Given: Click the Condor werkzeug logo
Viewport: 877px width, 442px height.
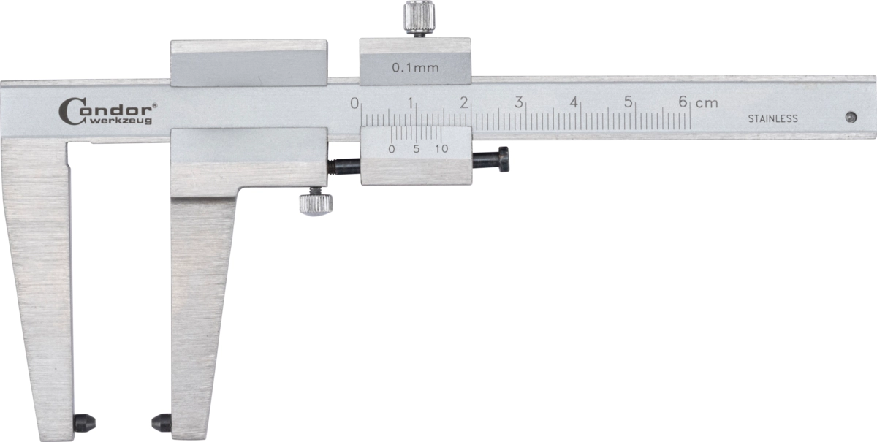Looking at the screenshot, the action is tap(108, 112).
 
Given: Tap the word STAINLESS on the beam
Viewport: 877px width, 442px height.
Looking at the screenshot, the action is tap(773, 118).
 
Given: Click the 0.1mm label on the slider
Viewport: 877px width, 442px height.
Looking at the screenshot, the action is tap(415, 68).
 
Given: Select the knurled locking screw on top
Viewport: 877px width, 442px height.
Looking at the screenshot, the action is tap(419, 18).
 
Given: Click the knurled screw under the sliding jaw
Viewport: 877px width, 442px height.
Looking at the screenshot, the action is tap(316, 202).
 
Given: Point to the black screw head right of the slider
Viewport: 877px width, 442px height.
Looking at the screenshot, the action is tap(504, 159).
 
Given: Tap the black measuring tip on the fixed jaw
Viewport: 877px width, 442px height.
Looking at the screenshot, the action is tap(85, 423).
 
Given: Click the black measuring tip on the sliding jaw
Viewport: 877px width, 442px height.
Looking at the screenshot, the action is tap(162, 423).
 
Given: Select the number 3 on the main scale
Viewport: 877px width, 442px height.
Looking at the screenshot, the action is tap(519, 102).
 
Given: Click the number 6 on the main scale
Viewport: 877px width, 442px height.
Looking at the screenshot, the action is tap(683, 102).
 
